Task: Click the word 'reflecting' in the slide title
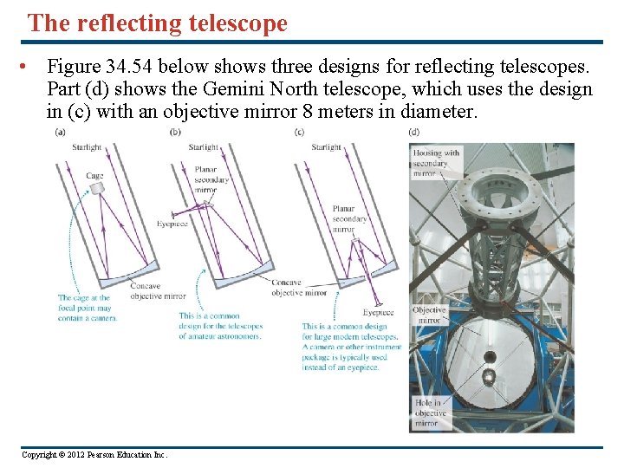(130, 23)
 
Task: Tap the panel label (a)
(60, 132)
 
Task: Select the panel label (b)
(176, 132)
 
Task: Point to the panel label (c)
(299, 132)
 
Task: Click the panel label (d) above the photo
(413, 132)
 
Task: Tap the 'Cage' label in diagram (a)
(94, 176)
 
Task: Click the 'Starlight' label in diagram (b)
(204, 147)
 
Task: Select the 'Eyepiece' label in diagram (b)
(172, 224)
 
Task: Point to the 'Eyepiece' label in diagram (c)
(378, 312)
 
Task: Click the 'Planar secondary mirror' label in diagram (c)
(349, 218)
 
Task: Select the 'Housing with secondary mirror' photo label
(435, 163)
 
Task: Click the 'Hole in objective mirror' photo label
(430, 413)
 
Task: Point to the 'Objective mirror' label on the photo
(429, 315)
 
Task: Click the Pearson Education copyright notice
(94, 454)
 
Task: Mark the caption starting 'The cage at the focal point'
(87, 308)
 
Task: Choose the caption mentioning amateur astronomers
(219, 326)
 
